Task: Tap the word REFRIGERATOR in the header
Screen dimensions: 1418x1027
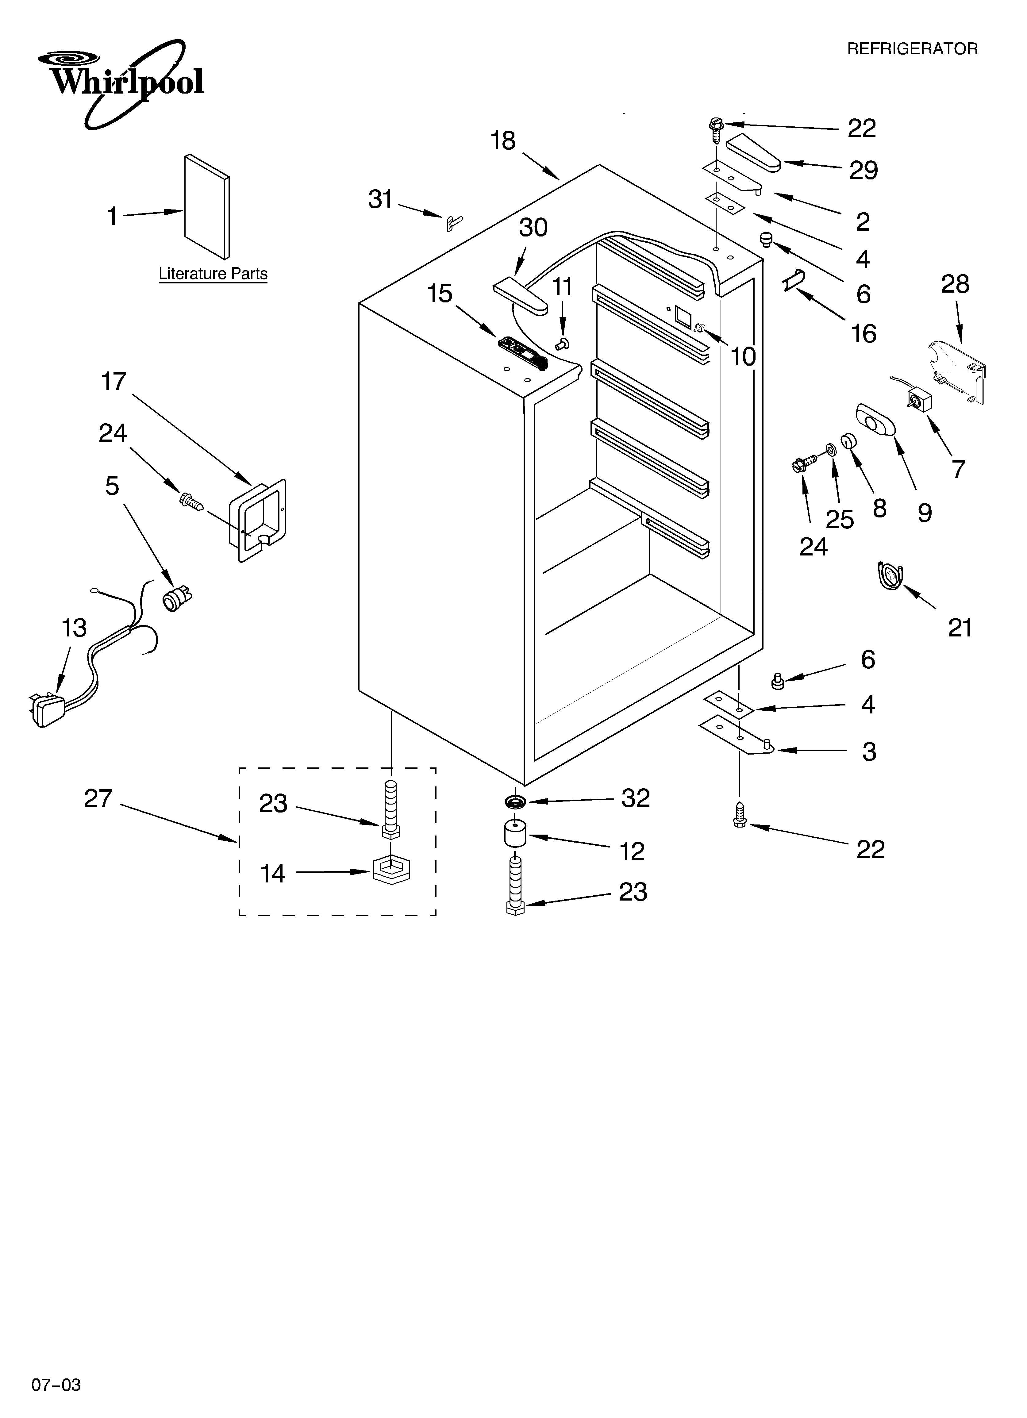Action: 912,49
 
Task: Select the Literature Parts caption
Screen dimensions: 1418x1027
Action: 213,274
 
